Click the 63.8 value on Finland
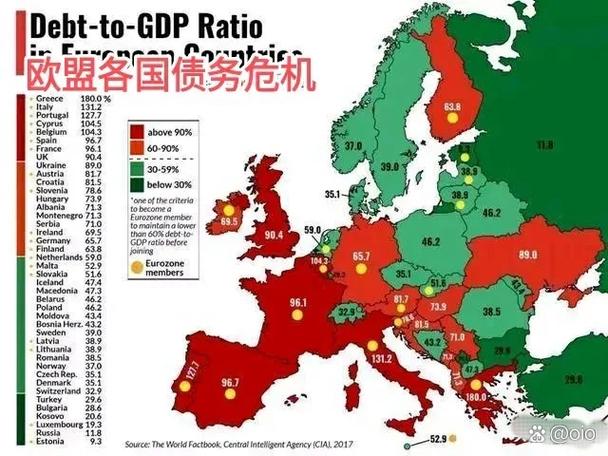(x=453, y=105)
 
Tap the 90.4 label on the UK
(x=275, y=237)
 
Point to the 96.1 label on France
(x=298, y=301)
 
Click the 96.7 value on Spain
(x=230, y=382)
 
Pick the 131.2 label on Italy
(x=382, y=358)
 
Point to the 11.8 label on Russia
(x=544, y=146)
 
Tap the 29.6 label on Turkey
(x=573, y=379)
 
